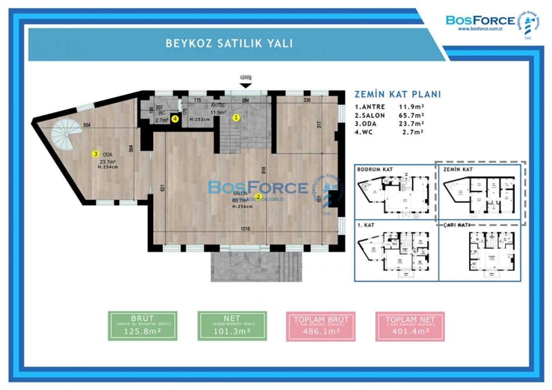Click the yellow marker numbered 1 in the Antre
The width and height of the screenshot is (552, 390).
(x=236, y=117)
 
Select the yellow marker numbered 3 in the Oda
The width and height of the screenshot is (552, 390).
(x=95, y=154)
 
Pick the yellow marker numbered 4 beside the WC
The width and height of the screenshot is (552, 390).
(x=175, y=119)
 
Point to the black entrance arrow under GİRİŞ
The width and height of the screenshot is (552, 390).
(x=246, y=86)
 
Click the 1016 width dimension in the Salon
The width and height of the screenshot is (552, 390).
(x=245, y=229)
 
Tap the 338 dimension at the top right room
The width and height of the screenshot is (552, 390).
(x=307, y=100)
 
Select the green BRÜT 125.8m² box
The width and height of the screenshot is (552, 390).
(x=143, y=326)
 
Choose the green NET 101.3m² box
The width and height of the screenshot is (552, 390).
(x=232, y=326)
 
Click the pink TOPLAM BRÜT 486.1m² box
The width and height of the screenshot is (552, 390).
(x=321, y=326)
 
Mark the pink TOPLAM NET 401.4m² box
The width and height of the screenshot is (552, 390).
(x=410, y=326)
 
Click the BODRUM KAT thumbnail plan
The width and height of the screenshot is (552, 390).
(x=396, y=192)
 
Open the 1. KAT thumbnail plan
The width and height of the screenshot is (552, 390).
(x=396, y=251)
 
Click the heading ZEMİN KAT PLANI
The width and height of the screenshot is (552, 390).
(x=397, y=94)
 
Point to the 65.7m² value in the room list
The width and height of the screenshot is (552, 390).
(x=411, y=116)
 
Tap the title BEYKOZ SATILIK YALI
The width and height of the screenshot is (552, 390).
(x=229, y=43)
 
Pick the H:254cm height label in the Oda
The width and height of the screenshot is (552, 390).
(x=107, y=167)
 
